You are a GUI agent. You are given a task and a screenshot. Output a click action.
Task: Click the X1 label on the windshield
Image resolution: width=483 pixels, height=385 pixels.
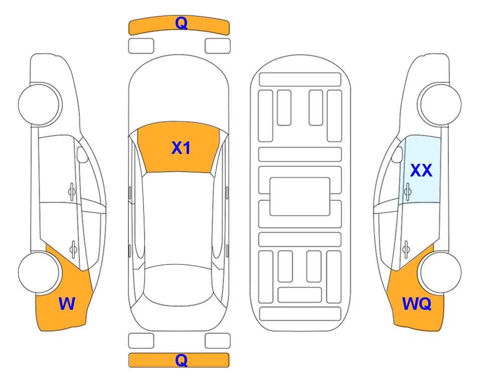pos(181,148)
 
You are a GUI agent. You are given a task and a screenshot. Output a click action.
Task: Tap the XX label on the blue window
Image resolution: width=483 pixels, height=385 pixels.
pos(421,170)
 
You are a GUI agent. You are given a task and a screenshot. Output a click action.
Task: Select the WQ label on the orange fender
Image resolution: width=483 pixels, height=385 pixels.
pos(417,304)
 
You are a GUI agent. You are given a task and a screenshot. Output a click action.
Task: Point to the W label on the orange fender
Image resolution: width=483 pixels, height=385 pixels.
pos(67,304)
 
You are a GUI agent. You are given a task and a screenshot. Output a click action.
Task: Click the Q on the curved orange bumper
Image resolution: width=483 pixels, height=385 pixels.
pos(181,23)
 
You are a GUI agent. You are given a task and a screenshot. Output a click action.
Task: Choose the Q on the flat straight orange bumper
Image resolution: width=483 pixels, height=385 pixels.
pos(181,360)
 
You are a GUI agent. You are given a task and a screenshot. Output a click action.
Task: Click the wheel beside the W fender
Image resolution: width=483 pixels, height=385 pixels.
pos(39,273)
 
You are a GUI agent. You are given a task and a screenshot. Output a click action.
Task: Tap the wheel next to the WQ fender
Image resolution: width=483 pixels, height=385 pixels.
pos(441,273)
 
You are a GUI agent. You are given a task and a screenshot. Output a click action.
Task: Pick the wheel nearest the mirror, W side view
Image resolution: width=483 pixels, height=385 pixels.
pos(39,105)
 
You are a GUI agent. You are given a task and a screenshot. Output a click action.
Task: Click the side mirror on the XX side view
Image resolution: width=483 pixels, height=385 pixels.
pos(397,154)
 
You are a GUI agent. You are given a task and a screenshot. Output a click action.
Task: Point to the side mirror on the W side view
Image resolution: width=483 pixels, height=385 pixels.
pos(83,154)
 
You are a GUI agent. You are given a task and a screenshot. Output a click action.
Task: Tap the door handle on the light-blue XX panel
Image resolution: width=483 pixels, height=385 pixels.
pos(408,191)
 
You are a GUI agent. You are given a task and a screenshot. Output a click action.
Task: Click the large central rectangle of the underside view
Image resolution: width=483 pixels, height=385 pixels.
pos(300,197)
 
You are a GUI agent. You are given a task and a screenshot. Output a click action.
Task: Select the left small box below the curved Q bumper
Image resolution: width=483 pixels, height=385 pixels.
pos(141,46)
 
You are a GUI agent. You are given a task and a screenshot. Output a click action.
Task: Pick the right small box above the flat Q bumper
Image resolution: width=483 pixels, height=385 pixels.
pos(218,341)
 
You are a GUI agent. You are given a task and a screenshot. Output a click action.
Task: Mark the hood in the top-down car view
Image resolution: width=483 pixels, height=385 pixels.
pos(179,92)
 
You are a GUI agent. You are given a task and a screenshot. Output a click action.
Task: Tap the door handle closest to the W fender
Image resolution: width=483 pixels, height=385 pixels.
pos(73,249)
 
